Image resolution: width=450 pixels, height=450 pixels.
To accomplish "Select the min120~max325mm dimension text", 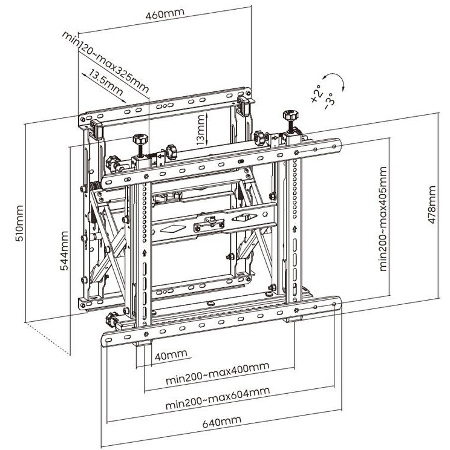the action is click(x=105, y=62).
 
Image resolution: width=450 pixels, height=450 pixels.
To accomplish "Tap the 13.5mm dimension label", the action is click(x=106, y=82).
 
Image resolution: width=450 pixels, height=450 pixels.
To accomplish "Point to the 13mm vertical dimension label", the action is click(x=201, y=129).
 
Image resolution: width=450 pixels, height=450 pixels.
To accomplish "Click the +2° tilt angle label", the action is click(x=316, y=94).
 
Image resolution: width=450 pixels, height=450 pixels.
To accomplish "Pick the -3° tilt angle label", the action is click(x=329, y=101).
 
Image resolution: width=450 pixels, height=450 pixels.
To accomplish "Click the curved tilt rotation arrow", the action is click(x=335, y=79).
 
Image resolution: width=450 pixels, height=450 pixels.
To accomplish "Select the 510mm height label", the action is click(x=19, y=223).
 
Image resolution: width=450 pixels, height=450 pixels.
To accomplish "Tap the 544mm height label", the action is click(x=64, y=250).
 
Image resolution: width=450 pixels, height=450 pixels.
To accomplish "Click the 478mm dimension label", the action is click(x=431, y=204).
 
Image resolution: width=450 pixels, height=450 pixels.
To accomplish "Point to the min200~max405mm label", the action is click(x=383, y=219).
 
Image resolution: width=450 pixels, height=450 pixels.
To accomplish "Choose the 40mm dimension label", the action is click(x=171, y=355).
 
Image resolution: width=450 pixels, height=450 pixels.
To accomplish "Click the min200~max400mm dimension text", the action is click(x=218, y=373).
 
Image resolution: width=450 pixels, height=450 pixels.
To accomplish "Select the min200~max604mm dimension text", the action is click(x=218, y=398).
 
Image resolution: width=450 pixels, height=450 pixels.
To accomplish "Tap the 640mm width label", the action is click(x=221, y=422).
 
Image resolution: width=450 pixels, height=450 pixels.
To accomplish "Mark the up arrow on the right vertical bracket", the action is click(x=295, y=229).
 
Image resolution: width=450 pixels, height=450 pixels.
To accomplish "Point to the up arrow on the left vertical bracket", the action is click(x=145, y=253).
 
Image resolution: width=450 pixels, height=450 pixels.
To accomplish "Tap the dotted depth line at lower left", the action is click(x=48, y=339).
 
